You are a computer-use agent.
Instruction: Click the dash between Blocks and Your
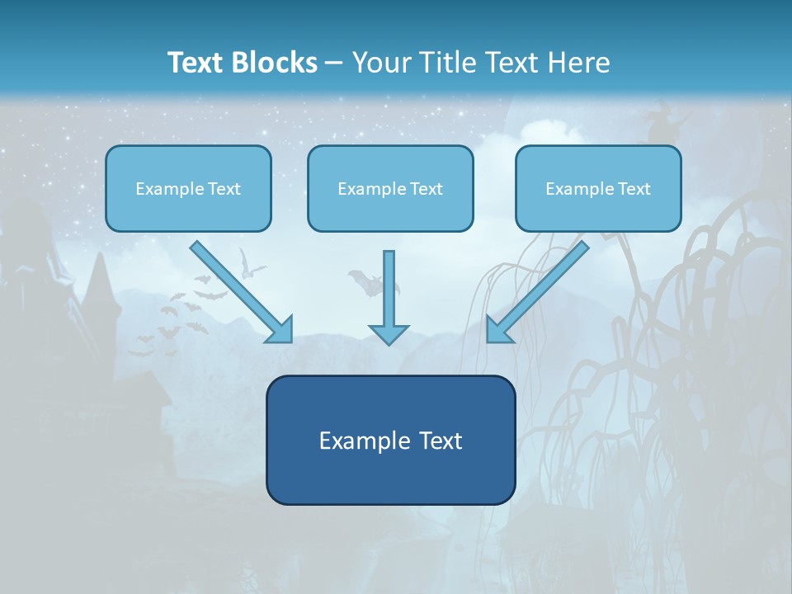coord(334,64)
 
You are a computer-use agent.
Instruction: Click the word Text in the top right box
coord(633,189)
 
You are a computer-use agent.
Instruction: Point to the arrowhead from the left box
coord(280,330)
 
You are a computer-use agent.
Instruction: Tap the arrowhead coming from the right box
coord(498,330)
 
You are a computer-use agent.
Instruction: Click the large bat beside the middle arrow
coord(369,282)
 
